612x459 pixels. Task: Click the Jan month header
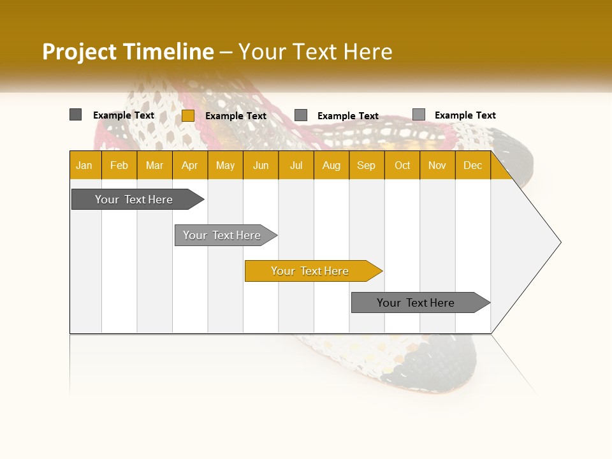[85, 165]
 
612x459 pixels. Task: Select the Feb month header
[119, 165]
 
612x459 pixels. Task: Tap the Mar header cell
[154, 165]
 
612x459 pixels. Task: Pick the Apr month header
[190, 165]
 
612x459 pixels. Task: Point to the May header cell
[225, 165]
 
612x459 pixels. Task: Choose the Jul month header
[296, 165]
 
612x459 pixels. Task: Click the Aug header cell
[331, 165]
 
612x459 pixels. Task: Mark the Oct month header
[402, 165]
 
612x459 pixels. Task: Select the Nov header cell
[437, 165]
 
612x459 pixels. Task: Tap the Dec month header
[473, 165]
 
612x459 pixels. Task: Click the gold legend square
[187, 115]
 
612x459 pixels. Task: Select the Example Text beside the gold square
[236, 116]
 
